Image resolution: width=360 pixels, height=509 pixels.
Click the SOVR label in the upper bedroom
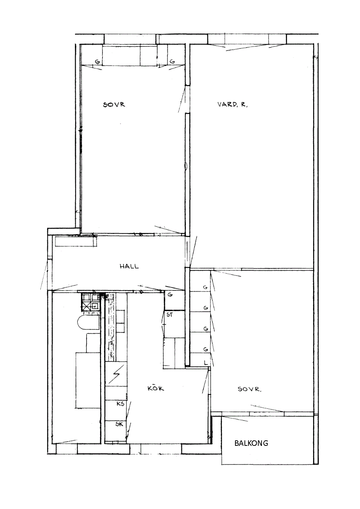pos(114,105)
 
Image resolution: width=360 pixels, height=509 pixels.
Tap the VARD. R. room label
pos(232,105)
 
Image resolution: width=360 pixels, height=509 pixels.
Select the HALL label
pos(129,266)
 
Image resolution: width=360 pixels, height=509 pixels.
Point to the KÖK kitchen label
pos(156,388)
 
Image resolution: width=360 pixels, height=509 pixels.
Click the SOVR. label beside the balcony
pos(249,389)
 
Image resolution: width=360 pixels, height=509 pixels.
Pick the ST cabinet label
pos(169,315)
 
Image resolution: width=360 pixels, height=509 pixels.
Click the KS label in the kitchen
pos(121,404)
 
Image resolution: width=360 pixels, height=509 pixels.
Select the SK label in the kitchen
pos(120,424)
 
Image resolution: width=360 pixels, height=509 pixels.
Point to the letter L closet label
pos(206,363)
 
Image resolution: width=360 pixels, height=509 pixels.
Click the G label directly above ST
pos(170,295)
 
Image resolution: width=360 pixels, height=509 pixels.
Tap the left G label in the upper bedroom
pos(97,61)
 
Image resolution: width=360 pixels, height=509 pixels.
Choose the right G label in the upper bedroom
pos(173,61)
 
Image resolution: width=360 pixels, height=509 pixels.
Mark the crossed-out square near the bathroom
pos(86,307)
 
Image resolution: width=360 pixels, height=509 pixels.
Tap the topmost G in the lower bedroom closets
pos(205,287)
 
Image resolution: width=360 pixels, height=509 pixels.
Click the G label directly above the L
pos(206,349)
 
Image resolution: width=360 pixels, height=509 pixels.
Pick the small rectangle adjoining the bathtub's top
pos(93,343)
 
